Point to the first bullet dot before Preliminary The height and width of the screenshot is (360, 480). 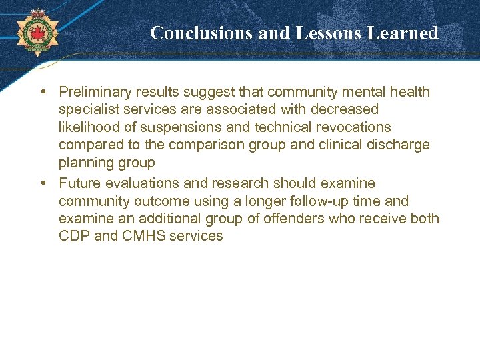(x=42, y=91)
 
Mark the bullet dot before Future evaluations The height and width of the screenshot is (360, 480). (x=42, y=183)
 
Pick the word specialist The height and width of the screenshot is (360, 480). (x=88, y=109)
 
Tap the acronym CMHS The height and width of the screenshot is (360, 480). (x=145, y=236)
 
